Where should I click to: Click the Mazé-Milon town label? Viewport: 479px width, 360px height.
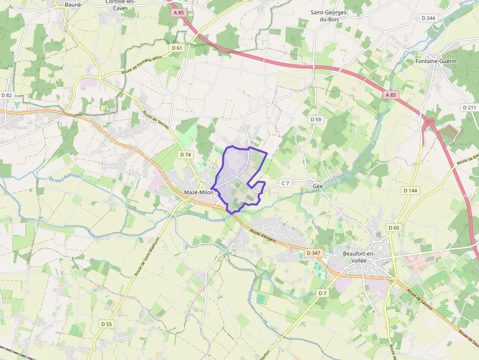(199, 192)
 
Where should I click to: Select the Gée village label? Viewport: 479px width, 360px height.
(318, 186)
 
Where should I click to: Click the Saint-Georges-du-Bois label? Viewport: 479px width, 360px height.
(329, 16)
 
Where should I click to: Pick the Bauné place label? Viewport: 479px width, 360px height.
(73, 4)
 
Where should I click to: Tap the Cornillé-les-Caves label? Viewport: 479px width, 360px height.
(121, 4)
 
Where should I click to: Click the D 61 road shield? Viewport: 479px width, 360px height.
(177, 48)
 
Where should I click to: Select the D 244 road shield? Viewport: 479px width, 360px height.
(428, 18)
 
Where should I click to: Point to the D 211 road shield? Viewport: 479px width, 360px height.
(469, 107)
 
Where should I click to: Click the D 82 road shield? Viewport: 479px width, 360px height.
(6, 95)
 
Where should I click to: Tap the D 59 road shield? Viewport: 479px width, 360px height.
(315, 119)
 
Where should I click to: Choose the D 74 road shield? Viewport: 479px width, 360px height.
(185, 154)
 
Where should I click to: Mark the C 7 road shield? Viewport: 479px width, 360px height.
(285, 183)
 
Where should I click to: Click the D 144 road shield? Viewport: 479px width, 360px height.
(410, 190)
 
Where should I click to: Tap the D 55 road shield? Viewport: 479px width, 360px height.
(106, 324)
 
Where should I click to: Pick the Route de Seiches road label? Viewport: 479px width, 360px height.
(156, 120)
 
